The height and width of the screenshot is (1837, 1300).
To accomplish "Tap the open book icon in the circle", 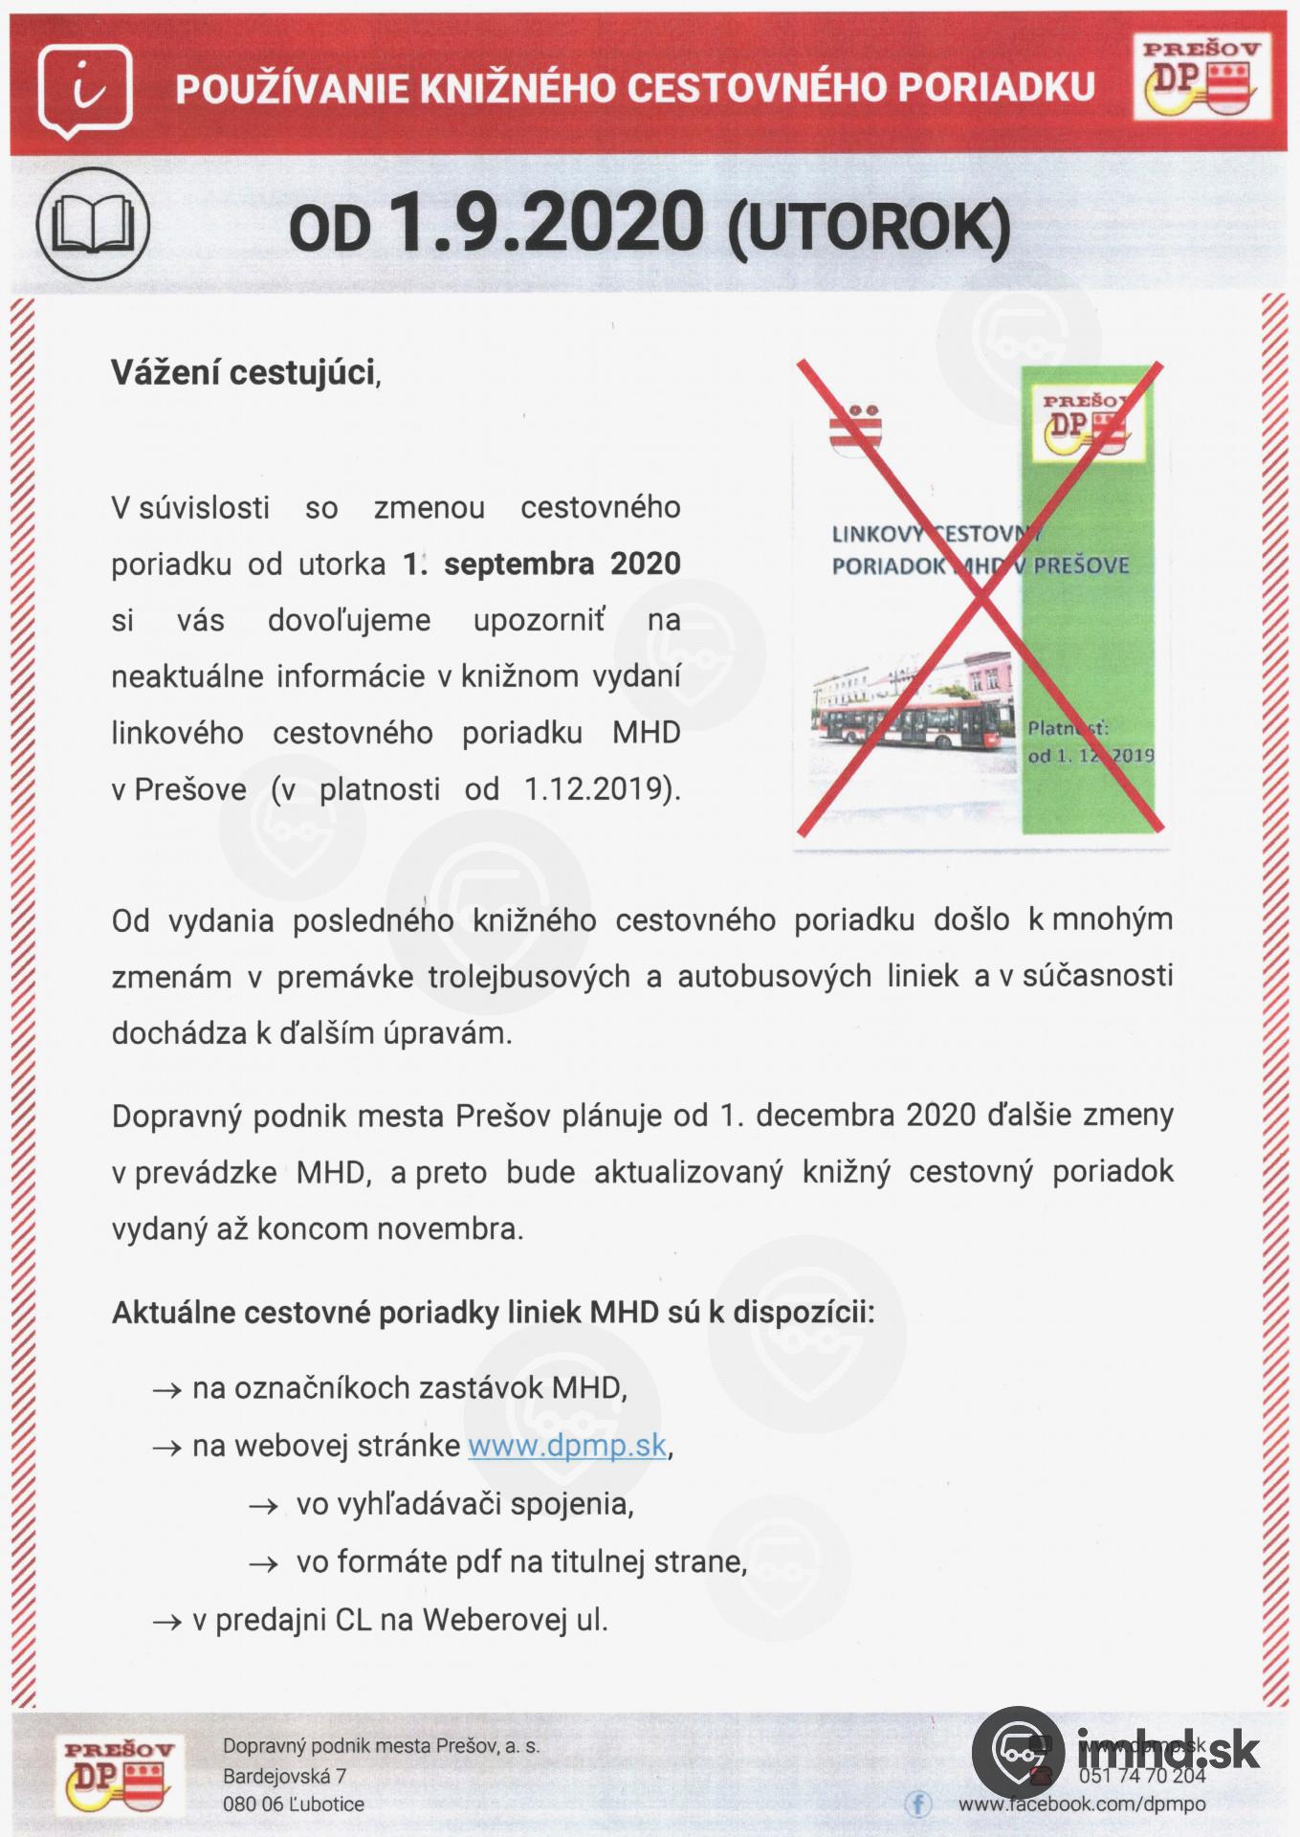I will tap(93, 224).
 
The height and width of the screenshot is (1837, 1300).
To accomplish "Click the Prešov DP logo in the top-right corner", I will tap(1201, 78).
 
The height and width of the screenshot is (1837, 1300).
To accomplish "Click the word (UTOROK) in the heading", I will tap(869, 230).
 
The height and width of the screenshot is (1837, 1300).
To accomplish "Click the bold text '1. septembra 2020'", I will tap(540, 564).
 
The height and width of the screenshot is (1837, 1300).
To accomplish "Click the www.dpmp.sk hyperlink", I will tap(566, 1445).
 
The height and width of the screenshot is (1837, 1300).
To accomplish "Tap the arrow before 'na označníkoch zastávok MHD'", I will tap(166, 1390).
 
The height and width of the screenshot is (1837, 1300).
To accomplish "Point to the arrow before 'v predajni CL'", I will tap(166, 1622).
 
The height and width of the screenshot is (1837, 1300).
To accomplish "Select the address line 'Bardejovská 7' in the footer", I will tap(284, 1776).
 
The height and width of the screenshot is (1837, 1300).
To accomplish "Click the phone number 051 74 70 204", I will tap(1141, 1776).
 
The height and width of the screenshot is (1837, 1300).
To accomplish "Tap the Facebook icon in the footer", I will tap(917, 1804).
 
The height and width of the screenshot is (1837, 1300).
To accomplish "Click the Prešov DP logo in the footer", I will tap(119, 1776).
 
